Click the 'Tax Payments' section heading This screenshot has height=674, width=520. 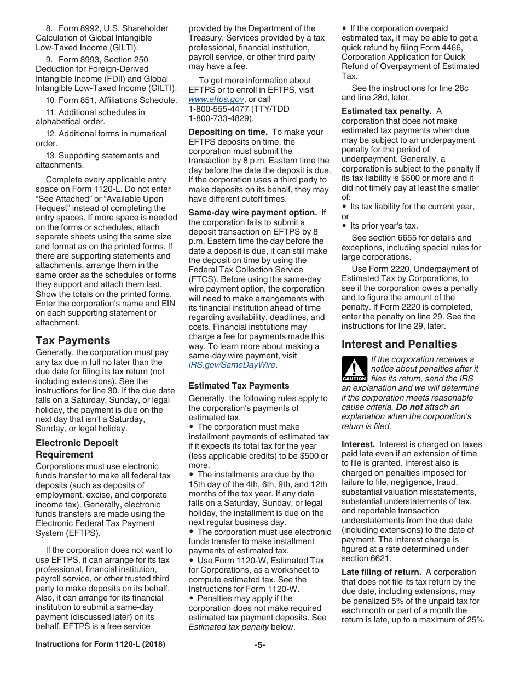(x=73, y=340)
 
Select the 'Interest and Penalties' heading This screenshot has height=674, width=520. (x=399, y=344)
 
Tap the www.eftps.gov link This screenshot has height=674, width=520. (x=216, y=99)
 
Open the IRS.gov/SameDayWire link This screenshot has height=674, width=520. (x=232, y=365)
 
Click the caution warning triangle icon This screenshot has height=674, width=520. (x=354, y=369)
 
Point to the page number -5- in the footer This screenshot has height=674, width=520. (x=259, y=644)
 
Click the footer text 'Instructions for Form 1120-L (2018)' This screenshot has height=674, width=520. (x=100, y=644)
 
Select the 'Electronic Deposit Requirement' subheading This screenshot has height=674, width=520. (x=77, y=448)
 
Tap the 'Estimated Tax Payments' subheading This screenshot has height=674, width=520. (x=239, y=386)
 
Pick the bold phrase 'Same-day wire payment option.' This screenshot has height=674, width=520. (x=253, y=213)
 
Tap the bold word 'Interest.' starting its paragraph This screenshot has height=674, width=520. (x=358, y=444)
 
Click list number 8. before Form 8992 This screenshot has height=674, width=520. (x=49, y=28)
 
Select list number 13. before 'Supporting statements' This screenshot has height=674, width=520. (x=51, y=156)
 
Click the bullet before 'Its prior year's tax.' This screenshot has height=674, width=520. (x=344, y=226)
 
